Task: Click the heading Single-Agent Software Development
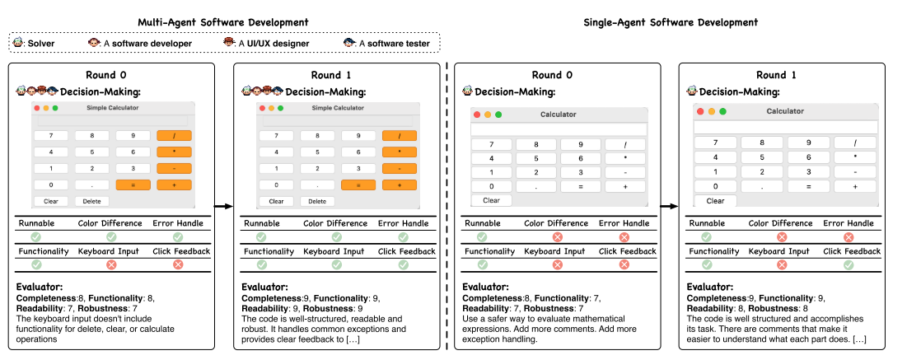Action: (x=671, y=22)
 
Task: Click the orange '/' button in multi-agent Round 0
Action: (x=174, y=135)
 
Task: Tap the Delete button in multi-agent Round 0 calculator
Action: (x=91, y=201)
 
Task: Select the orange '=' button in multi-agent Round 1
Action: (x=358, y=185)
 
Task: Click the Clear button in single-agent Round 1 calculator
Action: (x=715, y=201)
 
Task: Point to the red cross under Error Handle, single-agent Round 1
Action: (x=849, y=236)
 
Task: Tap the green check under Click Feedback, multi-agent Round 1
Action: (x=403, y=264)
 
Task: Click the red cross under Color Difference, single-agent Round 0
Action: (x=557, y=236)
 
